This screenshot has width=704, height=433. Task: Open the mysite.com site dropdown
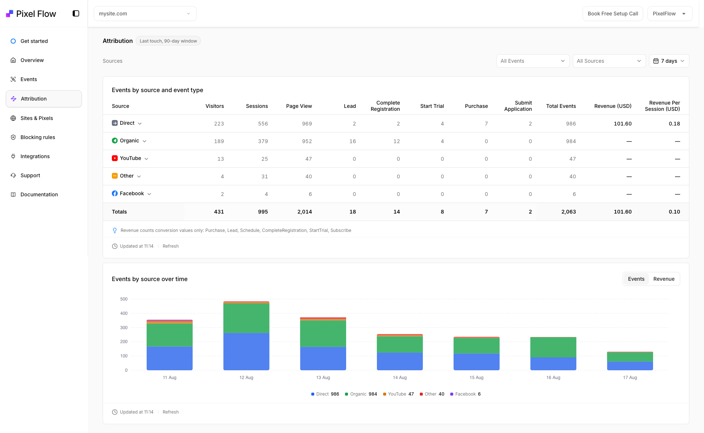tap(145, 14)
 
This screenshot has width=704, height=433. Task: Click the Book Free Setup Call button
tap(613, 14)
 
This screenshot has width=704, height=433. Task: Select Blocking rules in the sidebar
tap(38, 137)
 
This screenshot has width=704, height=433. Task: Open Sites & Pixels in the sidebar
tap(37, 118)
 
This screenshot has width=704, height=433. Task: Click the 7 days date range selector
tap(669, 61)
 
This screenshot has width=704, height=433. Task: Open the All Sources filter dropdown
tap(609, 61)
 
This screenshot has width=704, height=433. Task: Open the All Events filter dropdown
tap(533, 61)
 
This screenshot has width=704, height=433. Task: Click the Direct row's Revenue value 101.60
tap(623, 124)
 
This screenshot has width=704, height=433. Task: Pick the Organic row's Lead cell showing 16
tap(352, 141)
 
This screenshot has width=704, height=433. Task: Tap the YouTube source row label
tap(131, 158)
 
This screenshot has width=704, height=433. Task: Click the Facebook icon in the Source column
tap(115, 193)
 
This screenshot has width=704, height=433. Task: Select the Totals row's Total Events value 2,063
tap(568, 212)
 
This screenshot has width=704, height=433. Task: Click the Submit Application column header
tap(518, 106)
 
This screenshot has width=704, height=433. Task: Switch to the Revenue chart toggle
tap(664, 279)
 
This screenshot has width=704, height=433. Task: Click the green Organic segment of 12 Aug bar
tap(246, 318)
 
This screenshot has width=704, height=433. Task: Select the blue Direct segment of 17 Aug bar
tap(630, 366)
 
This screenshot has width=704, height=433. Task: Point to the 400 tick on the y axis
tap(124, 313)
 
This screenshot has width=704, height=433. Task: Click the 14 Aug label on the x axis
tap(400, 378)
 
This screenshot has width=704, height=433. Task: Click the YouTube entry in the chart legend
tap(398, 394)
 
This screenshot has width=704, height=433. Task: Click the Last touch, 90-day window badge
tap(168, 41)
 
